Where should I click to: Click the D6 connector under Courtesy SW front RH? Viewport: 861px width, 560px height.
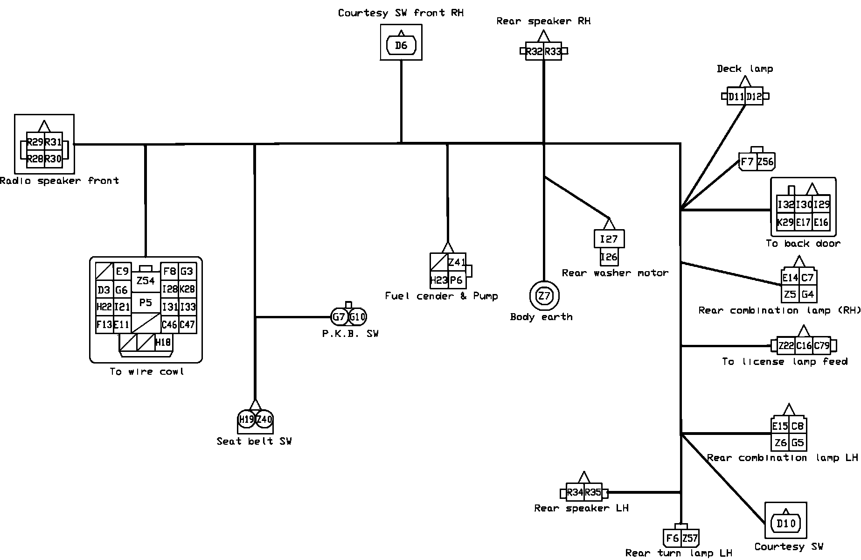(x=401, y=45)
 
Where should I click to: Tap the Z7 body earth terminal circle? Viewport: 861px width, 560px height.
(x=544, y=296)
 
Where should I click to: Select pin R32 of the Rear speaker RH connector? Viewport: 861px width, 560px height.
(x=534, y=51)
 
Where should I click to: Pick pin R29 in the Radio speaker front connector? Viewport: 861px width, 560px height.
(x=35, y=142)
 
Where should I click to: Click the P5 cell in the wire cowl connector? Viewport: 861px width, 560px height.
(x=146, y=303)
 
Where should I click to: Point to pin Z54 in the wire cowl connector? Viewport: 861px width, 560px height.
(x=146, y=281)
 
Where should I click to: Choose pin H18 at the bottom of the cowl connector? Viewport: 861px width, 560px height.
(x=163, y=343)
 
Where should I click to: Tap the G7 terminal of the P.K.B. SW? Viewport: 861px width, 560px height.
(x=339, y=317)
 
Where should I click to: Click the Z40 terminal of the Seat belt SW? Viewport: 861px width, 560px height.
(x=264, y=419)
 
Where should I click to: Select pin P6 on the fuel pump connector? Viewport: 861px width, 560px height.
(x=457, y=280)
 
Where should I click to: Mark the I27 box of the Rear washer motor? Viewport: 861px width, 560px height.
(x=609, y=239)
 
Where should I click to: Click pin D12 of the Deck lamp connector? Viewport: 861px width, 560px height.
(x=754, y=97)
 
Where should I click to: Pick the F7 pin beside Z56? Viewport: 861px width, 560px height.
(x=747, y=162)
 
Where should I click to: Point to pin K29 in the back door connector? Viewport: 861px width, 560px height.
(x=785, y=223)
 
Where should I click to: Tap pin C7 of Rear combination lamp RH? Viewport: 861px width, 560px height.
(x=808, y=278)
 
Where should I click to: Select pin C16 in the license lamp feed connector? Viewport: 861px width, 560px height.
(x=804, y=346)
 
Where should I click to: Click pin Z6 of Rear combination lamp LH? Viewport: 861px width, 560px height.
(x=780, y=443)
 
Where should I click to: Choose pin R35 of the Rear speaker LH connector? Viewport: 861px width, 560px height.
(x=593, y=492)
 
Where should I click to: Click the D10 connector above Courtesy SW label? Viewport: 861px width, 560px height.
(x=786, y=523)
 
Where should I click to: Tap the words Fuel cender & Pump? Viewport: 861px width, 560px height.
(x=441, y=296)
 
